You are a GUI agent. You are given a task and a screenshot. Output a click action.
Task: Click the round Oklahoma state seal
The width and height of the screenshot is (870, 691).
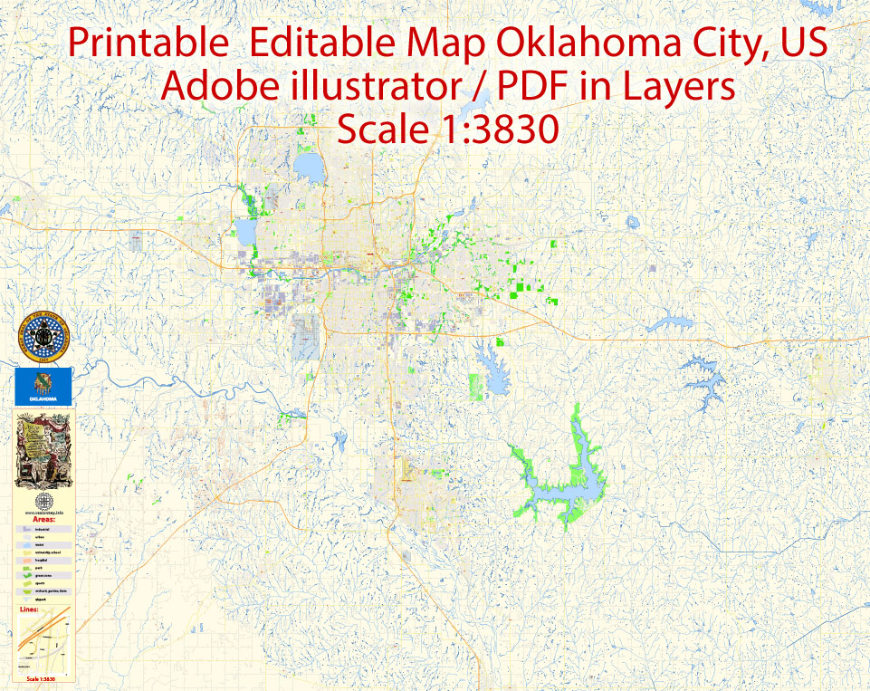click(41, 337)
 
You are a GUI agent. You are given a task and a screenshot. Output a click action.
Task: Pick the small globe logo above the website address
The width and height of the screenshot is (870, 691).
click(43, 502)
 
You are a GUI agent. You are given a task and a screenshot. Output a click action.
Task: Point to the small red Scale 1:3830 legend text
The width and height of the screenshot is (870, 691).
click(43, 678)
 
